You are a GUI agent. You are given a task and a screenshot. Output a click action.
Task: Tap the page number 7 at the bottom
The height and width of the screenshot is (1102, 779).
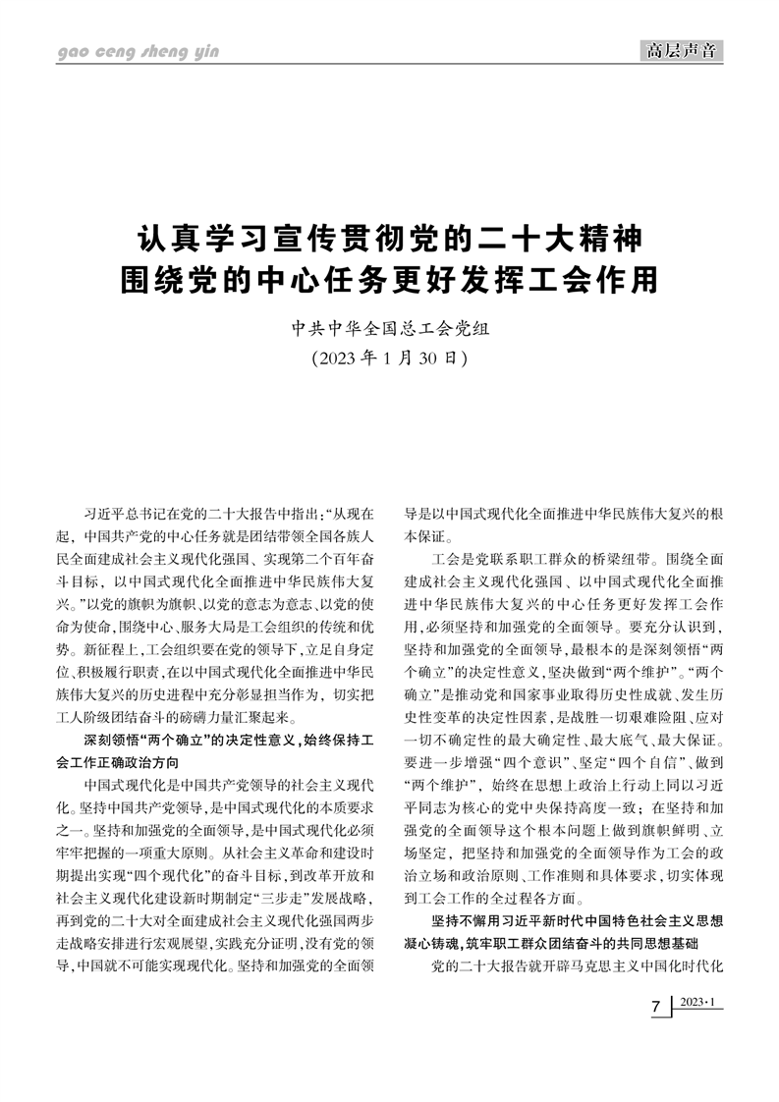click(x=656, y=1012)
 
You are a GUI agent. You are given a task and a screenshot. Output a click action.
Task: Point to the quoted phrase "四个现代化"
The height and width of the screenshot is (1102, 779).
click(x=176, y=872)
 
